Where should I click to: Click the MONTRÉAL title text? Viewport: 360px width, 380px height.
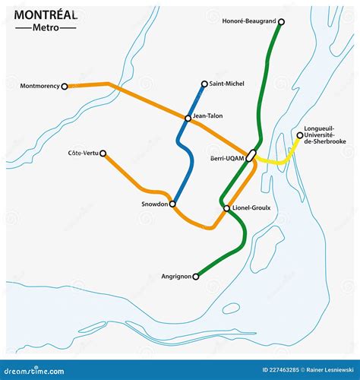pyautogui.click(x=46, y=14)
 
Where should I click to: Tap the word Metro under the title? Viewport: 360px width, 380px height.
pyautogui.click(x=46, y=28)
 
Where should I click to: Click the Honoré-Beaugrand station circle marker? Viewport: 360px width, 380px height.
pyautogui.click(x=281, y=22)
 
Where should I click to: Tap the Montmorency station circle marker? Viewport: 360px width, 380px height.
pyautogui.click(x=65, y=87)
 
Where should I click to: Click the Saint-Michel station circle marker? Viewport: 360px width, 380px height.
pyautogui.click(x=204, y=84)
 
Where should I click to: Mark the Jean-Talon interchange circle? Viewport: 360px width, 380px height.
pyautogui.click(x=188, y=118)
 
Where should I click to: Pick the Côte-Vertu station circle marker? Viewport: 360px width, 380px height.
pyautogui.click(x=103, y=153)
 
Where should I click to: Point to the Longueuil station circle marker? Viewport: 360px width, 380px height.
pyautogui.click(x=299, y=136)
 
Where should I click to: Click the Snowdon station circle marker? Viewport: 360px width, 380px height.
pyautogui.click(x=173, y=204)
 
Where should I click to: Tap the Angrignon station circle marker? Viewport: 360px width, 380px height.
pyautogui.click(x=195, y=277)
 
